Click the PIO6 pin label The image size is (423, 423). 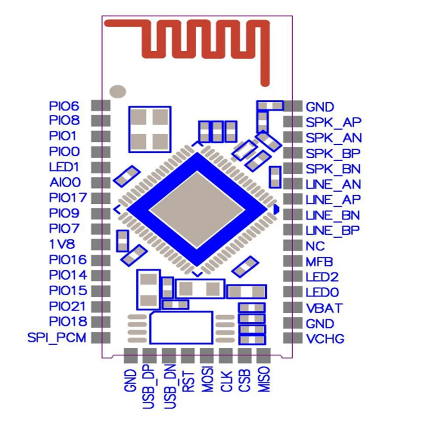64,106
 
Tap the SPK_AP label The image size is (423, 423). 333,123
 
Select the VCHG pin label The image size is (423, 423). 325,339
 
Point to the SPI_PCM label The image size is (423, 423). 57,338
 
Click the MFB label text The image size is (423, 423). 319,262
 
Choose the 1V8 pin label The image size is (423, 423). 62,244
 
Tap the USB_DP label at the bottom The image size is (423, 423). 148,386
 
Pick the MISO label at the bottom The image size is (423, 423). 264,379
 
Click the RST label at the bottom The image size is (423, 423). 188,382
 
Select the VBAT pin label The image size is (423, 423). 324,308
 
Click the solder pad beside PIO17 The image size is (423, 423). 101,198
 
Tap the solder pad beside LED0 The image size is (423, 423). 293,292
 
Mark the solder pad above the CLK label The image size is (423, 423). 226,356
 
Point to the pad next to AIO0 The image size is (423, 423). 101,183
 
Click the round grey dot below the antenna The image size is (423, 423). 118,91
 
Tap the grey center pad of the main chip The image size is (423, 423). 197,210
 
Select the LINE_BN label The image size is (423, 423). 333,215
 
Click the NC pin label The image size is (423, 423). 315,246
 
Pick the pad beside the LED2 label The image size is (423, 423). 293,277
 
